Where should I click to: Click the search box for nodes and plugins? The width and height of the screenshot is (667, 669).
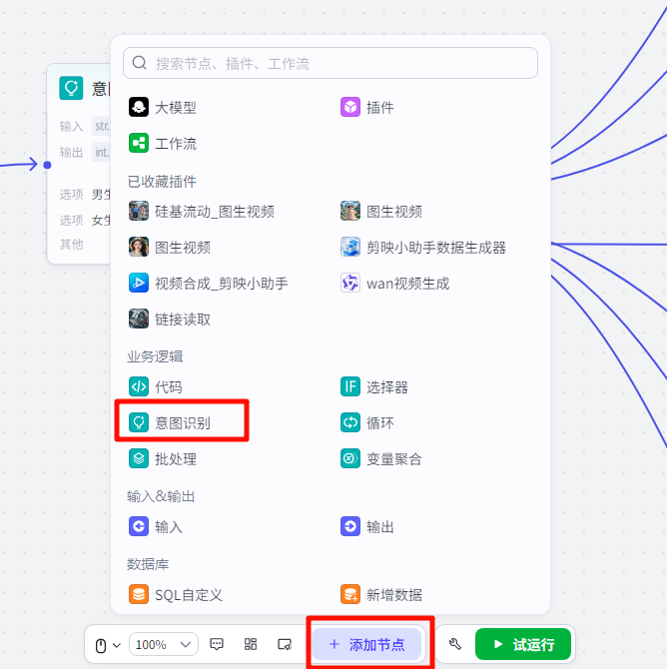(x=331, y=63)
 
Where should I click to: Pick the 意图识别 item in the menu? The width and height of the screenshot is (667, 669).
(x=182, y=422)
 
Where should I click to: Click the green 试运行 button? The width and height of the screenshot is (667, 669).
(x=523, y=644)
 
